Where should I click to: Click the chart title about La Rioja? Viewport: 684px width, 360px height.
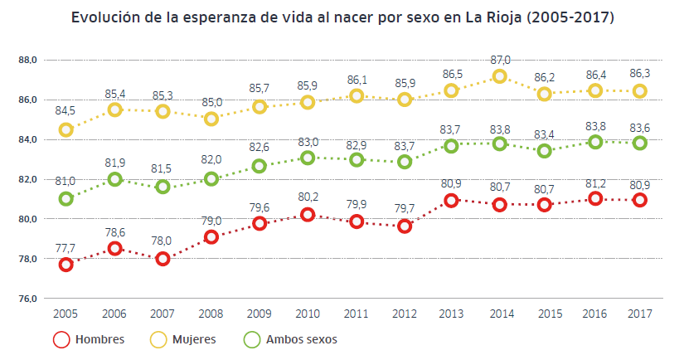(342, 17)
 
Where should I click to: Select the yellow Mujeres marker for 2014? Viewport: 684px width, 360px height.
(500, 76)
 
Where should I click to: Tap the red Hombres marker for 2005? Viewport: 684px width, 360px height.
(66, 265)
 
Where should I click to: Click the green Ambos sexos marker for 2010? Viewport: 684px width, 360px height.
(308, 158)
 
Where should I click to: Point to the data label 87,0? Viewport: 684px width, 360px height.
(500, 60)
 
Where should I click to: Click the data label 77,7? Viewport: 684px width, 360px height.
(66, 248)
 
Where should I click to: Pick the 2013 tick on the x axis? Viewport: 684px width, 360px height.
(452, 314)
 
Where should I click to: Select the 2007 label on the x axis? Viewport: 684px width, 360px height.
(163, 314)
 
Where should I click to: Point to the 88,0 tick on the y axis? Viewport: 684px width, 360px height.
(28, 61)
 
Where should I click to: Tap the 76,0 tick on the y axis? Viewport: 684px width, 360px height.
(28, 299)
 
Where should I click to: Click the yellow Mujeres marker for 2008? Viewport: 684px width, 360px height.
(211, 119)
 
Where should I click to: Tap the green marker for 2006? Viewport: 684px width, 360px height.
(114, 179)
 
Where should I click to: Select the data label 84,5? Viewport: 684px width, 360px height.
(66, 110)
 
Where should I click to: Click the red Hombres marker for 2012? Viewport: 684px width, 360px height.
(404, 226)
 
